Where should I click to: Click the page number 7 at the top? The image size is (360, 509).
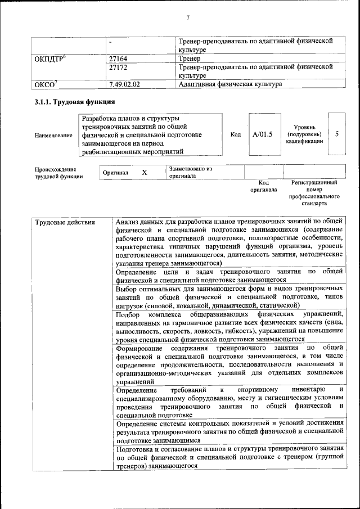coord(187,17)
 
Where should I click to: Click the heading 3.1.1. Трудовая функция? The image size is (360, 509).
coord(75,102)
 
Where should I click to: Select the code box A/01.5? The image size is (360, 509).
coord(262,135)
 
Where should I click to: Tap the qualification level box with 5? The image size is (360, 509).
coord(336,135)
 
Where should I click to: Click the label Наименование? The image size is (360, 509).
coord(53,136)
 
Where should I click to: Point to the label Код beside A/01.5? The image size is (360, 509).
coord(236,135)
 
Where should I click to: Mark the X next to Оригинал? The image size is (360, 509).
coord(145,173)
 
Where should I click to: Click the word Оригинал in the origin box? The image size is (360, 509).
coord(116,173)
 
